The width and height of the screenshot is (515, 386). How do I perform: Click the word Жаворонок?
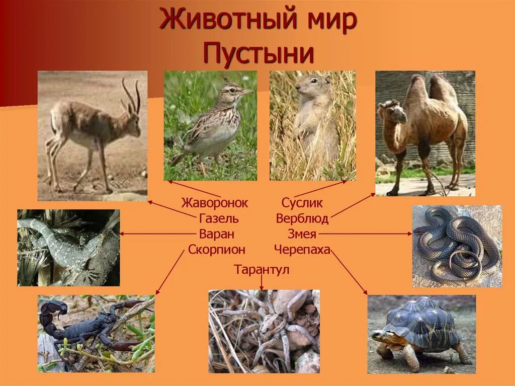[215, 203]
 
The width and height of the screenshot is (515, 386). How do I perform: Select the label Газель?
[219, 218]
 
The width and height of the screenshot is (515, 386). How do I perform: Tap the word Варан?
[217, 234]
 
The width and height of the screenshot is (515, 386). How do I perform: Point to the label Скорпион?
[217, 249]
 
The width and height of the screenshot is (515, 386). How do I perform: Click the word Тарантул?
[262, 270]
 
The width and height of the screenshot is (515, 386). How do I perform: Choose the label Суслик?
[302, 203]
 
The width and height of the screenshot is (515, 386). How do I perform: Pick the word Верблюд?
[302, 218]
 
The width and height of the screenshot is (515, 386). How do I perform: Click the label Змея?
[302, 234]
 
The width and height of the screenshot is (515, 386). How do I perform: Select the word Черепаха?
[302, 249]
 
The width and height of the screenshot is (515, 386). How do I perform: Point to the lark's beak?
[247, 92]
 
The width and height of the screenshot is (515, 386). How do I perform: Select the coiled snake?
[456, 244]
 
